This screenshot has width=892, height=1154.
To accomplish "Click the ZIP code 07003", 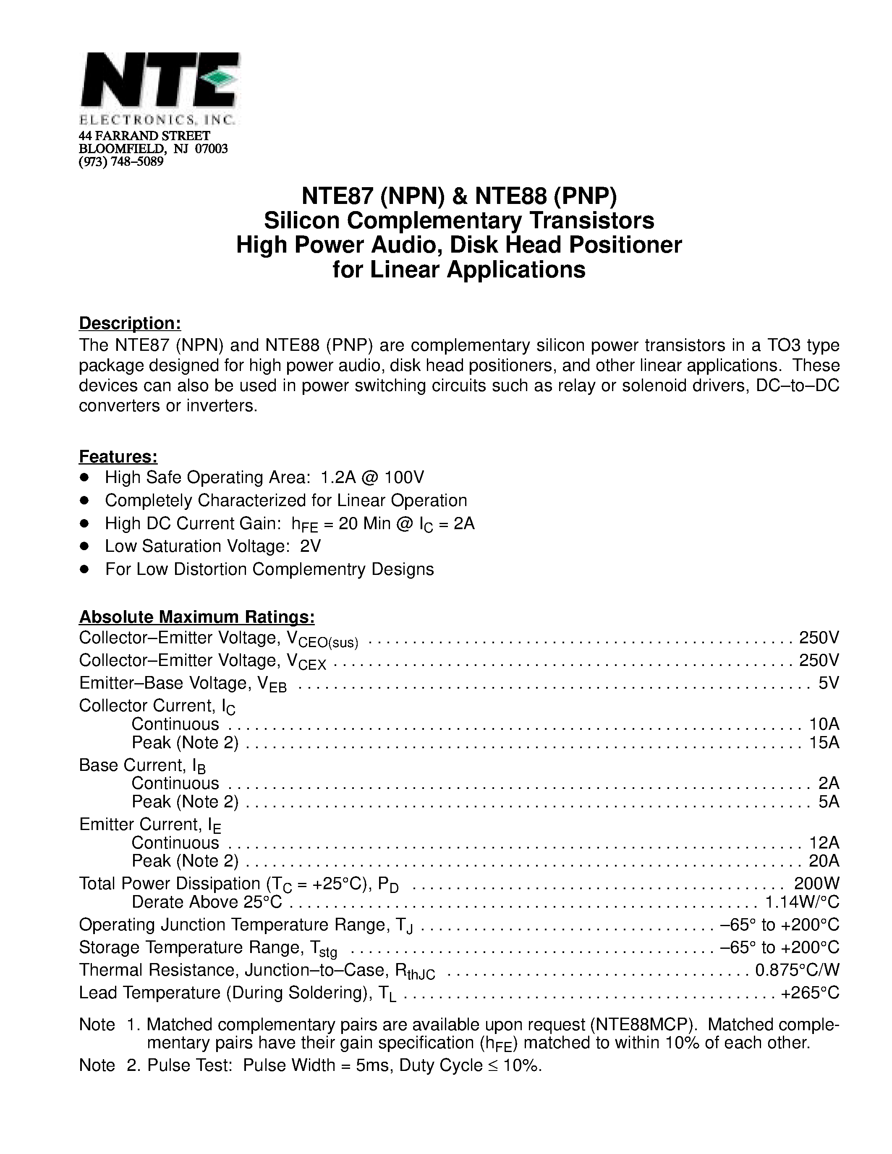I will tap(212, 149).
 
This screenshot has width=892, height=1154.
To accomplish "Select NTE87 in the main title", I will tap(336, 196).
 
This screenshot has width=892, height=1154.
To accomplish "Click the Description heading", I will tap(130, 323).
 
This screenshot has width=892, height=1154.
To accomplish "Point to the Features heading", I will tap(118, 456).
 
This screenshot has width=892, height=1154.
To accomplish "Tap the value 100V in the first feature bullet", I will tap(404, 478).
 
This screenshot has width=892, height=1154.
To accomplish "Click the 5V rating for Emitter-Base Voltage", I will tap(828, 683).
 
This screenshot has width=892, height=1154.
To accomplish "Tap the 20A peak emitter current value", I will tap(824, 861).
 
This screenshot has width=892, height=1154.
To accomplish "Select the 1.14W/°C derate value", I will tap(802, 902).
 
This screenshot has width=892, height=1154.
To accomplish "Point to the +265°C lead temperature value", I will tap(810, 992).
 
